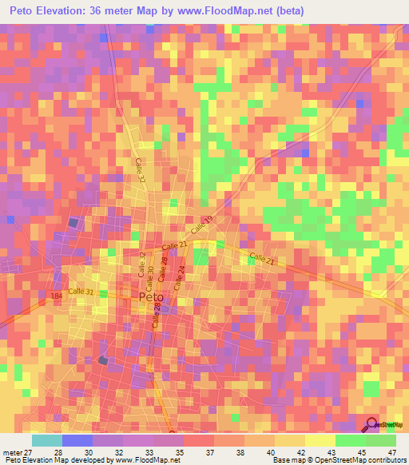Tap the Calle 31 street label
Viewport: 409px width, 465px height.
(x=80, y=292)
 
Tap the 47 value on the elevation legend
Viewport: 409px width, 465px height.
(x=391, y=451)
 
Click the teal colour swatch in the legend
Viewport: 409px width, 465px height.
(x=46, y=440)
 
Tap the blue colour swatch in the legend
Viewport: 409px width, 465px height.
(x=77, y=440)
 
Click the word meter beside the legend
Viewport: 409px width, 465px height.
(x=12, y=451)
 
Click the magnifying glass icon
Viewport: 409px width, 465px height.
(x=370, y=425)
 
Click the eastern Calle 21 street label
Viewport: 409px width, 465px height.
(x=262, y=258)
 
